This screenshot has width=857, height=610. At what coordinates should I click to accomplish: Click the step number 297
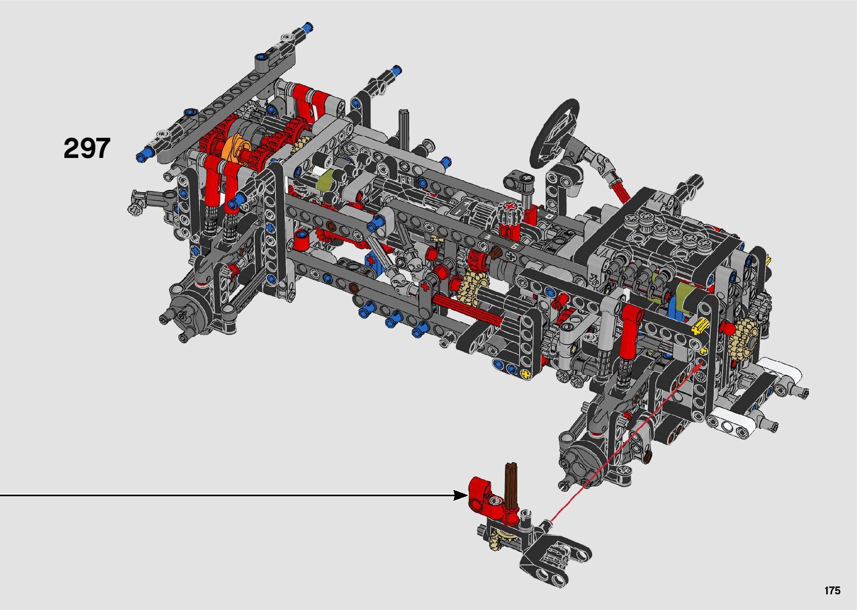click(x=87, y=148)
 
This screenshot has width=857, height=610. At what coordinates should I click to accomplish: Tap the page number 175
click(x=832, y=590)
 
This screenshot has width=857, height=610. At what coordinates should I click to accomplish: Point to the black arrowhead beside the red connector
click(x=460, y=495)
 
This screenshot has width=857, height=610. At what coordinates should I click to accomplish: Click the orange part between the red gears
click(x=235, y=150)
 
